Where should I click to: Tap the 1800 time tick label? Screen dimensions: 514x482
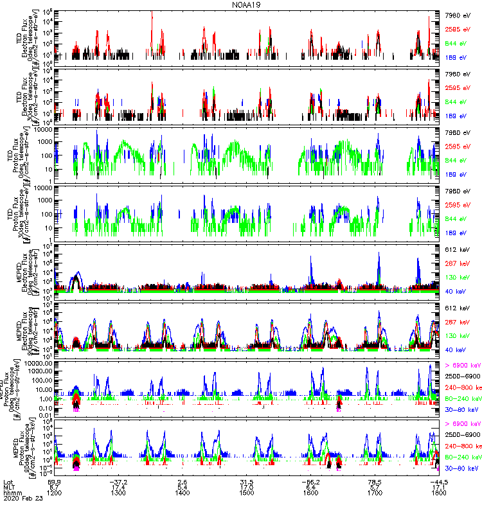coord(440,492)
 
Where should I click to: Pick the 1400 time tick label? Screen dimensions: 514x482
coord(183,492)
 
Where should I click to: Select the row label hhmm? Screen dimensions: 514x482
coord(11,492)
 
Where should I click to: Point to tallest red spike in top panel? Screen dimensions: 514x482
coord(152,13)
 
